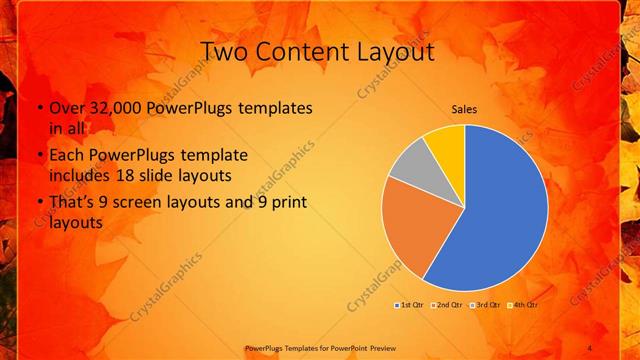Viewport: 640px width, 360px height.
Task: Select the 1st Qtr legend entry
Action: [x=410, y=304]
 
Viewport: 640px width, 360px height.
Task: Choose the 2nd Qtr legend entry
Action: [x=447, y=304]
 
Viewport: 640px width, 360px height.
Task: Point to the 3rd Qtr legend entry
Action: [x=485, y=304]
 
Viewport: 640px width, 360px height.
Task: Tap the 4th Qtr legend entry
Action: [x=523, y=304]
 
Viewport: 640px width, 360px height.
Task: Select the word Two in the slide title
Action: [x=224, y=51]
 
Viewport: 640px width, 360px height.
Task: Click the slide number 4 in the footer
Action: [x=589, y=348]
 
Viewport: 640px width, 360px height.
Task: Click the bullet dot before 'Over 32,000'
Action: [x=39, y=107]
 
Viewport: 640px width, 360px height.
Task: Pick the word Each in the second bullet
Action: [x=67, y=155]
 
